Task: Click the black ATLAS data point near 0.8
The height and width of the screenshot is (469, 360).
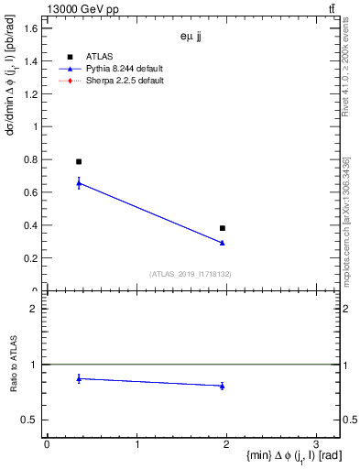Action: pos(79,161)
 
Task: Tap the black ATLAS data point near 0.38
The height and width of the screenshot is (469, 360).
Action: pos(223,228)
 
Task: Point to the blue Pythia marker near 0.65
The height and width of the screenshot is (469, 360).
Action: pos(79,183)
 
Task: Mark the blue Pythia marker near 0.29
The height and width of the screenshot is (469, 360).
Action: pos(223,243)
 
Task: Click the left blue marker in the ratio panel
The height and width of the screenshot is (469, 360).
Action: pos(79,377)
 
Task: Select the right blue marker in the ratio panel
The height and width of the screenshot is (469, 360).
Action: pos(223,386)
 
